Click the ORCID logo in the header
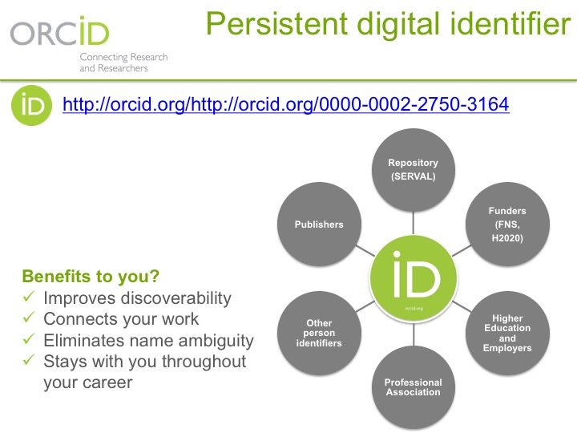click(x=59, y=31)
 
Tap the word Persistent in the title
click(x=276, y=23)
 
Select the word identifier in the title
click(x=510, y=23)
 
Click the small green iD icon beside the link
click(x=31, y=105)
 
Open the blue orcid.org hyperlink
click(x=286, y=104)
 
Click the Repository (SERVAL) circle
click(x=414, y=170)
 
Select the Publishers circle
click(x=319, y=225)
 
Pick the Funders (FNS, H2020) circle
click(x=507, y=225)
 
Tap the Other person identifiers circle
click(x=319, y=333)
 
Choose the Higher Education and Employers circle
click(x=507, y=333)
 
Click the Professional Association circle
click(x=414, y=387)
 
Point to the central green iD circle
click(x=414, y=279)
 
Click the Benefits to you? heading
click(x=91, y=276)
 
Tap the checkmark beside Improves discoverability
click(x=29, y=296)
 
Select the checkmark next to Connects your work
click(x=29, y=317)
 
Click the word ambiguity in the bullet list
click(x=216, y=341)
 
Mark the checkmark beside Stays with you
click(x=29, y=359)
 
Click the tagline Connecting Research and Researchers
click(x=123, y=63)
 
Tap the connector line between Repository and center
click(x=414, y=223)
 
